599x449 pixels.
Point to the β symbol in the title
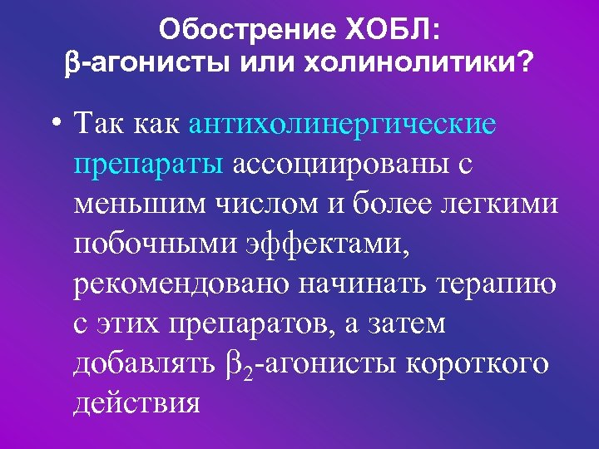pos(71,64)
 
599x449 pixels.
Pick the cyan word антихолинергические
pos(344,125)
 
